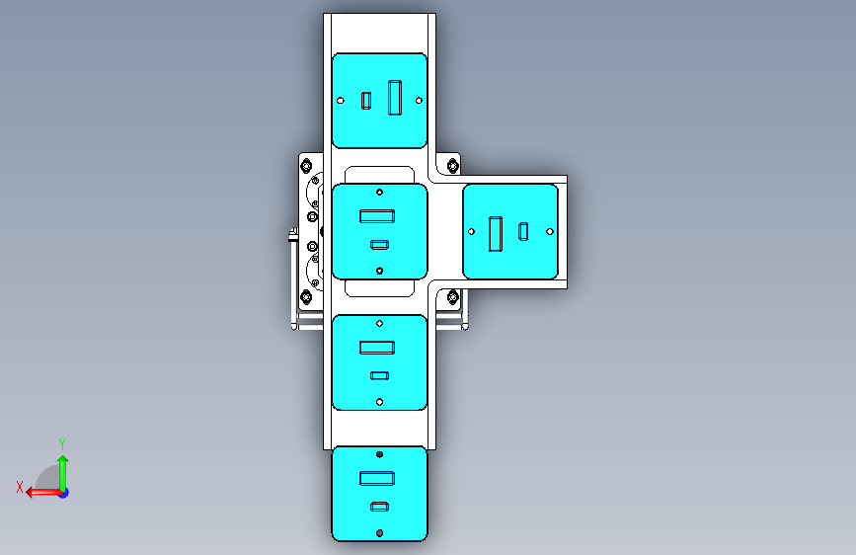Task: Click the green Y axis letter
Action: click(x=62, y=443)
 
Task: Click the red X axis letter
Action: click(x=20, y=487)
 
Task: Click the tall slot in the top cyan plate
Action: click(x=396, y=98)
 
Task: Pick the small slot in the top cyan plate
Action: click(x=366, y=100)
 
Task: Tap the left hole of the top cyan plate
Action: click(x=341, y=100)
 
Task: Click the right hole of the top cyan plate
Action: click(x=420, y=100)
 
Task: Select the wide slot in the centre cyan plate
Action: click(x=377, y=215)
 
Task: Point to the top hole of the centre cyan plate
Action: click(x=379, y=192)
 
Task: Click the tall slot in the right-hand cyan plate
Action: click(x=497, y=231)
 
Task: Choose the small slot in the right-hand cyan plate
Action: click(x=523, y=231)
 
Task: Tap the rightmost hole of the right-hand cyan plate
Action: click(x=549, y=231)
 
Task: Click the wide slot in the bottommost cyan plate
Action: click(x=377, y=478)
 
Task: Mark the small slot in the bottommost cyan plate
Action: click(x=378, y=507)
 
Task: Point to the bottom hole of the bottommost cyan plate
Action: click(x=379, y=533)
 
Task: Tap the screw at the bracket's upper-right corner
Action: click(x=453, y=164)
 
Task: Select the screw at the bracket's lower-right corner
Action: click(x=453, y=296)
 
